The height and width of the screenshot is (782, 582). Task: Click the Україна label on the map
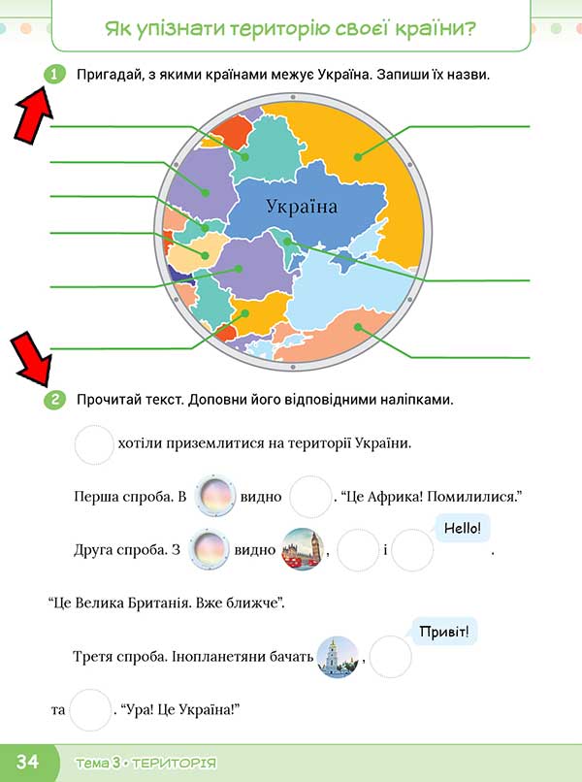pos(302,206)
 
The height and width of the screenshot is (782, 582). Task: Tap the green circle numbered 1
pos(54,75)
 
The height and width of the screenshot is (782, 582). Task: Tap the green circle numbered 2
pos(54,400)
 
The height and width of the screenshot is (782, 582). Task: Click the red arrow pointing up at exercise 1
pos(33,114)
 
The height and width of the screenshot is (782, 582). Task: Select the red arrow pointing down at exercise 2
pos(31,360)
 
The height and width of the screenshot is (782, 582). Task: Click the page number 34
pos(27,761)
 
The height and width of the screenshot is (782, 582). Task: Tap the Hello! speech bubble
pos(463,529)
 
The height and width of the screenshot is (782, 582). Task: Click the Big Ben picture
pos(303,549)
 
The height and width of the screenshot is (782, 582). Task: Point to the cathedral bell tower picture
pos(338,657)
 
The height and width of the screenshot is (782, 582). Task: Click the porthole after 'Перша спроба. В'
pos(214,496)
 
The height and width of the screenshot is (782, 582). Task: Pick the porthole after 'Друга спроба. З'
pos(210,549)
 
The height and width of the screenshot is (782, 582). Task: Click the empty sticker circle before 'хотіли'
pos(94,444)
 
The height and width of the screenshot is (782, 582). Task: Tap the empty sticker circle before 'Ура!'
pos(90,709)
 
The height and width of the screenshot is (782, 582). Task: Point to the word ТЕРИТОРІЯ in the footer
pos(174,763)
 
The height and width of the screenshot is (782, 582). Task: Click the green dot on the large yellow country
pos(358,157)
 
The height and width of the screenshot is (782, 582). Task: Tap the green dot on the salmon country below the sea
pos(358,327)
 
